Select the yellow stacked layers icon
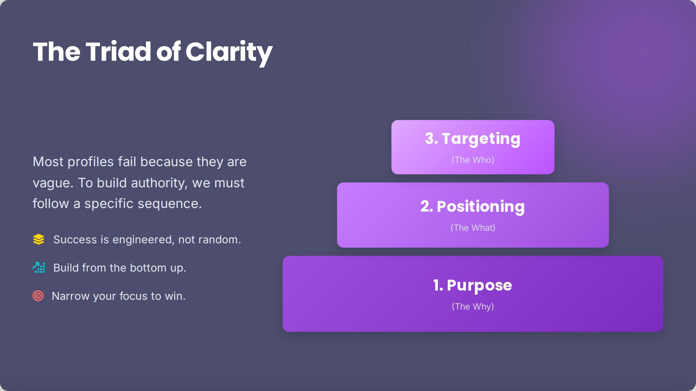coord(39,239)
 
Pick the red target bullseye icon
coord(38,296)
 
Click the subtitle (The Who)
coord(473,160)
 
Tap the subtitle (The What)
coord(473,228)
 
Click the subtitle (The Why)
coord(473,307)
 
